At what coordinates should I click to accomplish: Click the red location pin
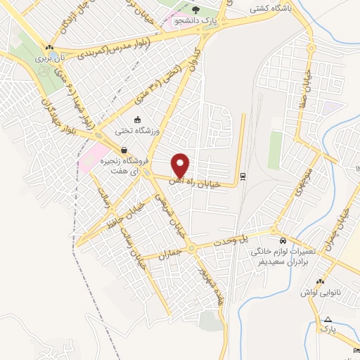[181, 165]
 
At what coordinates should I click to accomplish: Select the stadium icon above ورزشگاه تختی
[138, 120]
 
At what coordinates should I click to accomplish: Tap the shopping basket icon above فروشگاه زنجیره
[124, 149]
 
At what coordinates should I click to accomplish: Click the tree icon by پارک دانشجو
[195, 11]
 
